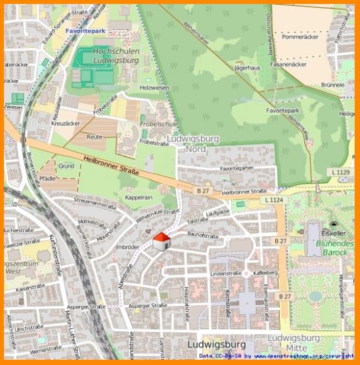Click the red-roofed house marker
pos(161,242)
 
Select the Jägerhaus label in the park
pos(247,68)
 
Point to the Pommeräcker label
pos(300,37)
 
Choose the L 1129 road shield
pos(340,173)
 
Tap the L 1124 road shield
pos(273,200)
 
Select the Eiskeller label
pos(333,234)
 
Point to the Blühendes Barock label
pos(335,248)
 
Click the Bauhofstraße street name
pos(203,235)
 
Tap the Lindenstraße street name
pos(225,273)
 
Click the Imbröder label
pos(127,246)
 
